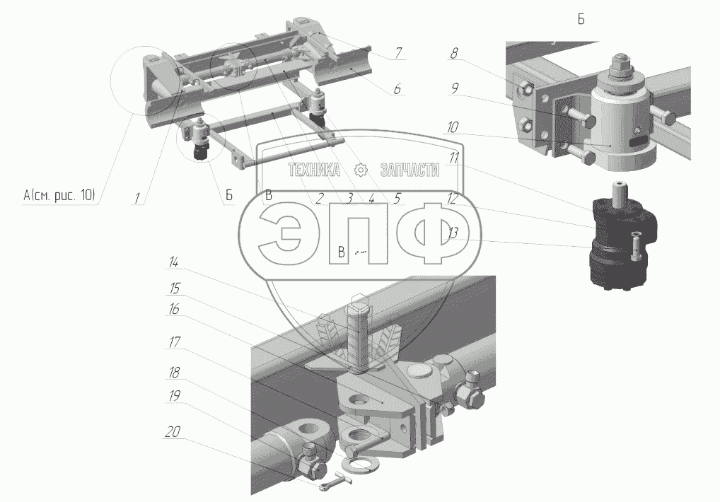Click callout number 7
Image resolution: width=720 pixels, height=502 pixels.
(398, 53)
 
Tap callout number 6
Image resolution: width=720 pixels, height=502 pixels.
(397, 88)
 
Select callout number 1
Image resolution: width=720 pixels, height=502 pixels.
(137, 198)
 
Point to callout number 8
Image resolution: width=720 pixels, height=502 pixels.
(453, 53)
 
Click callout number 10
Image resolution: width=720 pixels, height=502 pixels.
(452, 127)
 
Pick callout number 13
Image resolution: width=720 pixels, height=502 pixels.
(453, 233)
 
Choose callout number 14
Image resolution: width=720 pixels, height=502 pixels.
(173, 262)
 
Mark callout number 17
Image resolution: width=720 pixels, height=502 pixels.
(174, 342)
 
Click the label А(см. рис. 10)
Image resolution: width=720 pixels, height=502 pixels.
(59, 195)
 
